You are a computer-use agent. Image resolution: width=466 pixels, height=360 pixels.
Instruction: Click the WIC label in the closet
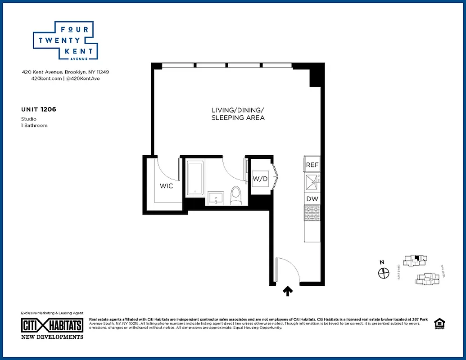click(x=166, y=186)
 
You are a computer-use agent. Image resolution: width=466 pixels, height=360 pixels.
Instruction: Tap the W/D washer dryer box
click(x=260, y=179)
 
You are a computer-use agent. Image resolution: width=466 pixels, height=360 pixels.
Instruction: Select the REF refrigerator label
click(x=312, y=165)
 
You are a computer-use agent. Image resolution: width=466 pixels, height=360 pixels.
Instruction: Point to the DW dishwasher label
click(x=312, y=199)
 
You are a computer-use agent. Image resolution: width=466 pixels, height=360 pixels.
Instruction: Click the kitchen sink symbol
click(x=312, y=182)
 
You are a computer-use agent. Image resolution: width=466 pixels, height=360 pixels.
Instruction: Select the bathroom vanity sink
click(x=216, y=198)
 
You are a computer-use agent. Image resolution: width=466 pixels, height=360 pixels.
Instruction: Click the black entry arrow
click(x=288, y=292)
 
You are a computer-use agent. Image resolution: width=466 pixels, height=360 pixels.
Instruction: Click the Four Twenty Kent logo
click(x=66, y=41)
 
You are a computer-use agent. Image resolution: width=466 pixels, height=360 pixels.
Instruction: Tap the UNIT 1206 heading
click(x=38, y=109)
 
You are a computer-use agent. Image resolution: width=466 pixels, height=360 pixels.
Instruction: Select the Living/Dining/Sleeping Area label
click(x=238, y=114)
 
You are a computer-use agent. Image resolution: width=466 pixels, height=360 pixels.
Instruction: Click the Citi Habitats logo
click(x=52, y=325)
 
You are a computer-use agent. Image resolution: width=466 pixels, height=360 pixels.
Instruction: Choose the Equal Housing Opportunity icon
click(x=438, y=324)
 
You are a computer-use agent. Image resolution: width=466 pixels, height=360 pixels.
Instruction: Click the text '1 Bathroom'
click(x=34, y=126)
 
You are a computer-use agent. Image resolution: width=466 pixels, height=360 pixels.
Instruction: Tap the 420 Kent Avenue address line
click(x=66, y=72)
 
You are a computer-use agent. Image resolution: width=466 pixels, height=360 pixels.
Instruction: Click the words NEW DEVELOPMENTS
click(x=52, y=337)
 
